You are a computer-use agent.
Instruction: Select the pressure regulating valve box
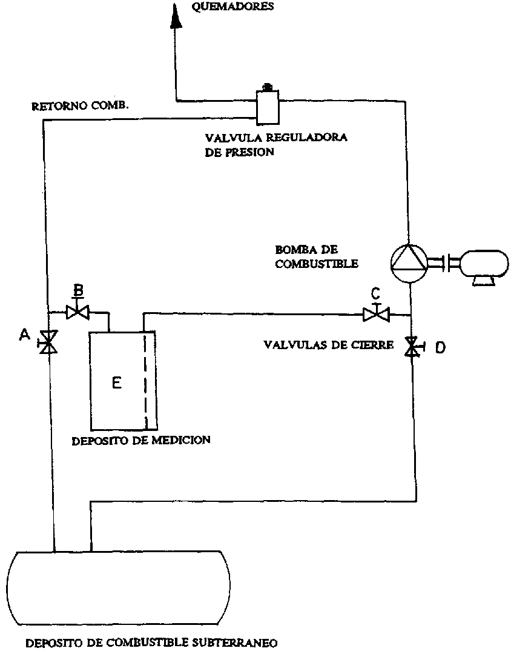tap(265, 106)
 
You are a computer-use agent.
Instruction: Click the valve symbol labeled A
tap(48, 342)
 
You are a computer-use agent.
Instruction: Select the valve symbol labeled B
tap(77, 312)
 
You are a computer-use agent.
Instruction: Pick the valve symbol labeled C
tap(375, 314)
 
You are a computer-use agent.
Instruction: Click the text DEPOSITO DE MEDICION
tap(141, 440)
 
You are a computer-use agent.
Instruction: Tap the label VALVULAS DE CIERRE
tap(329, 345)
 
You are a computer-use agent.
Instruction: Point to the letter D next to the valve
tap(440, 347)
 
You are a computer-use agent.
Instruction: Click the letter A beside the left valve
tap(25, 334)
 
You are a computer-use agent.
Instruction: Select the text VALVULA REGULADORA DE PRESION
tap(275, 144)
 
